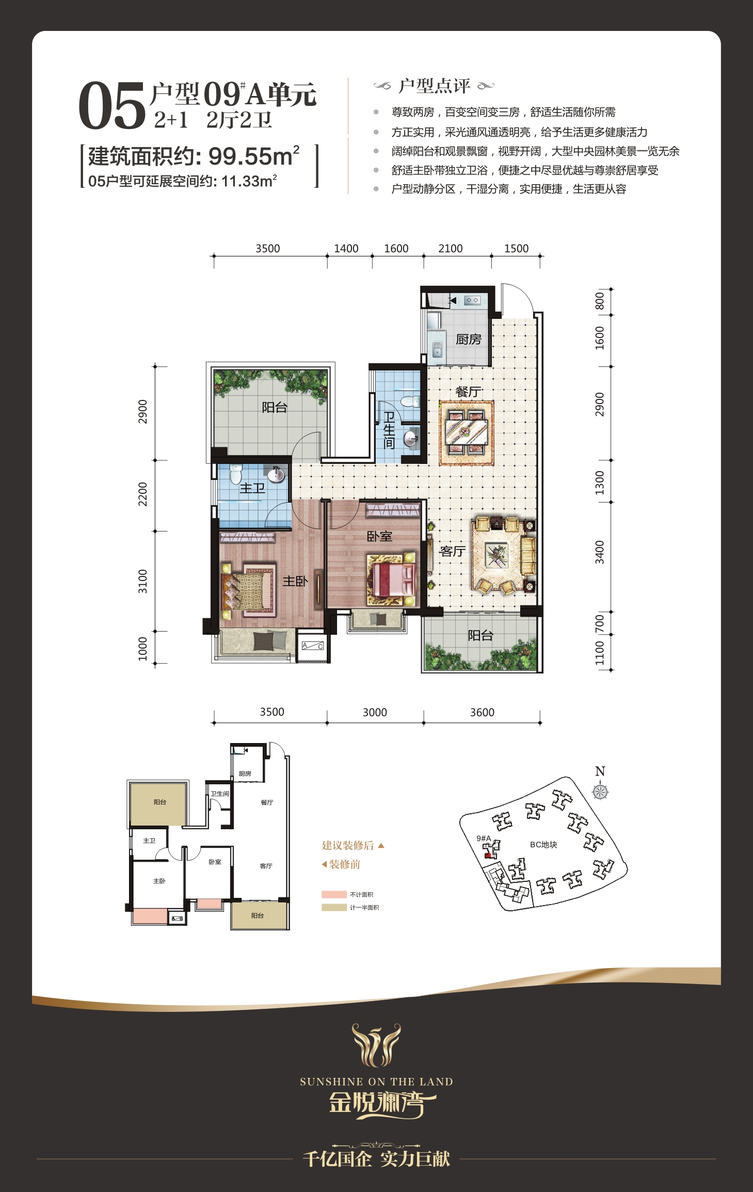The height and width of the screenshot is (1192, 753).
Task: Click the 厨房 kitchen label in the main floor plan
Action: tap(468, 339)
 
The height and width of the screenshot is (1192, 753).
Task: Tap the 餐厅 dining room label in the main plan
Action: tap(468, 392)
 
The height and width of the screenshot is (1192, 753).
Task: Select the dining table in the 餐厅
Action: tap(467, 430)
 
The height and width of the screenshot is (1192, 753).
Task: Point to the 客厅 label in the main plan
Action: tap(452, 551)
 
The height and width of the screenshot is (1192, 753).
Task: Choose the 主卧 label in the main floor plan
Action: tap(295, 581)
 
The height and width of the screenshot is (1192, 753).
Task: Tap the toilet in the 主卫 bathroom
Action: tap(236, 474)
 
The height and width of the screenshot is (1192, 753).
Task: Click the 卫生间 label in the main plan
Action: tap(389, 430)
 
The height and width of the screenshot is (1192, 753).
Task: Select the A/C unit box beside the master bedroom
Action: tap(313, 646)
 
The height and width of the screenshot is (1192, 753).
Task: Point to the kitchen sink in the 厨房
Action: tap(437, 351)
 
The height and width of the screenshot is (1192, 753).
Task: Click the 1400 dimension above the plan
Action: tap(346, 249)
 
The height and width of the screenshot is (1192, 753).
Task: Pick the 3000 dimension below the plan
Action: tap(375, 713)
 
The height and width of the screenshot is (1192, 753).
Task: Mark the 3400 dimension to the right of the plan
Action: tap(599, 552)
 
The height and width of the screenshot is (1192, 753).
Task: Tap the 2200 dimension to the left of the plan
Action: tap(143, 494)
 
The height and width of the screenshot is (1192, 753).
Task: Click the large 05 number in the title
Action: tap(112, 106)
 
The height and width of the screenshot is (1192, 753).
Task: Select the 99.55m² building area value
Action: tap(254, 156)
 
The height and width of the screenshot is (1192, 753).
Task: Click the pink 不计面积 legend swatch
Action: tap(334, 894)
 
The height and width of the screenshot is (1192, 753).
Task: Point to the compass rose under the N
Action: tap(600, 791)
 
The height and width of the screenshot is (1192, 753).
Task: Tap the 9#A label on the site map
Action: tap(484, 838)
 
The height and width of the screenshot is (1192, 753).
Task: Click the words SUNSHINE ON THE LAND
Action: tap(376, 1082)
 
